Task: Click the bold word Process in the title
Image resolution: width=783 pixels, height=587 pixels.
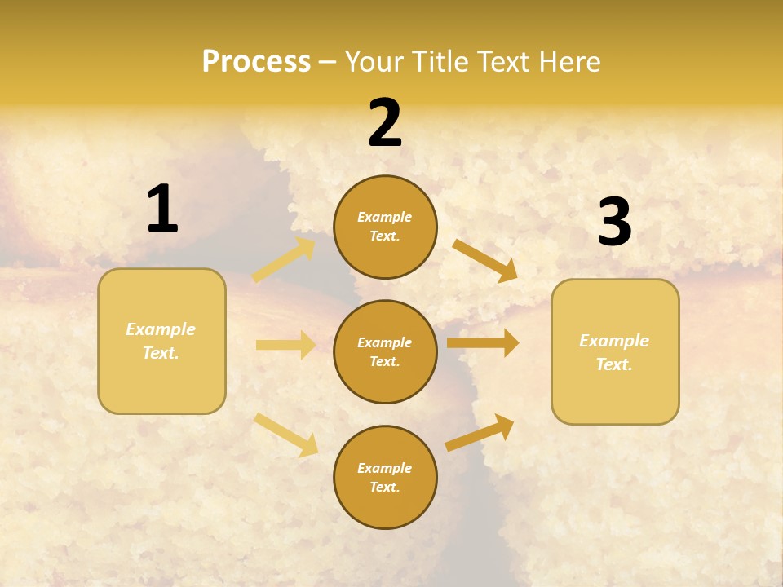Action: click(x=256, y=61)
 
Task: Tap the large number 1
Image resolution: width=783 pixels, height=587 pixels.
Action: click(x=162, y=209)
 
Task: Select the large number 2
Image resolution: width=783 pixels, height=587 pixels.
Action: click(x=385, y=123)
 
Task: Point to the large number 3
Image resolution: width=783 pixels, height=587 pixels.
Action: click(x=614, y=223)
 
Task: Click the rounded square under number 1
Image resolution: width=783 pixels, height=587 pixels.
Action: click(x=161, y=341)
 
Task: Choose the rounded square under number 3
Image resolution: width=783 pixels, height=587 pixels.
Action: click(x=615, y=351)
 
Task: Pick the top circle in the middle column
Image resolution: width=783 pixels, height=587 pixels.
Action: click(x=385, y=227)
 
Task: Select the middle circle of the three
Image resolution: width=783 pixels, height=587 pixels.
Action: click(x=385, y=351)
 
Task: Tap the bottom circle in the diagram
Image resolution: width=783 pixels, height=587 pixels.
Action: click(x=385, y=477)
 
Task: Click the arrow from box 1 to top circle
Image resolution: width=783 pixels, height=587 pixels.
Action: click(x=284, y=260)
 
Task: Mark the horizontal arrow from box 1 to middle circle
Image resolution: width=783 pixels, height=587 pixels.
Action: click(x=285, y=345)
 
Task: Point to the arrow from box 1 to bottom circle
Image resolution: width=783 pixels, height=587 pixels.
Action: click(x=285, y=435)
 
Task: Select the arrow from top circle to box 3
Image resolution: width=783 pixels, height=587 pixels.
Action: click(x=484, y=260)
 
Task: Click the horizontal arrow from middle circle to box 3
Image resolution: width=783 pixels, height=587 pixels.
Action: click(x=483, y=343)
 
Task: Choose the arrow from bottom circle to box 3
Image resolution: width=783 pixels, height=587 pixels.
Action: click(x=480, y=433)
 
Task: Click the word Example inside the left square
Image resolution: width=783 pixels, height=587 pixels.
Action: click(x=161, y=329)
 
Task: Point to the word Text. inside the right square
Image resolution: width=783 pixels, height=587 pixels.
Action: click(x=614, y=364)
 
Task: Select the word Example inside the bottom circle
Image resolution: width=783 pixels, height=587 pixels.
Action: click(x=385, y=468)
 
